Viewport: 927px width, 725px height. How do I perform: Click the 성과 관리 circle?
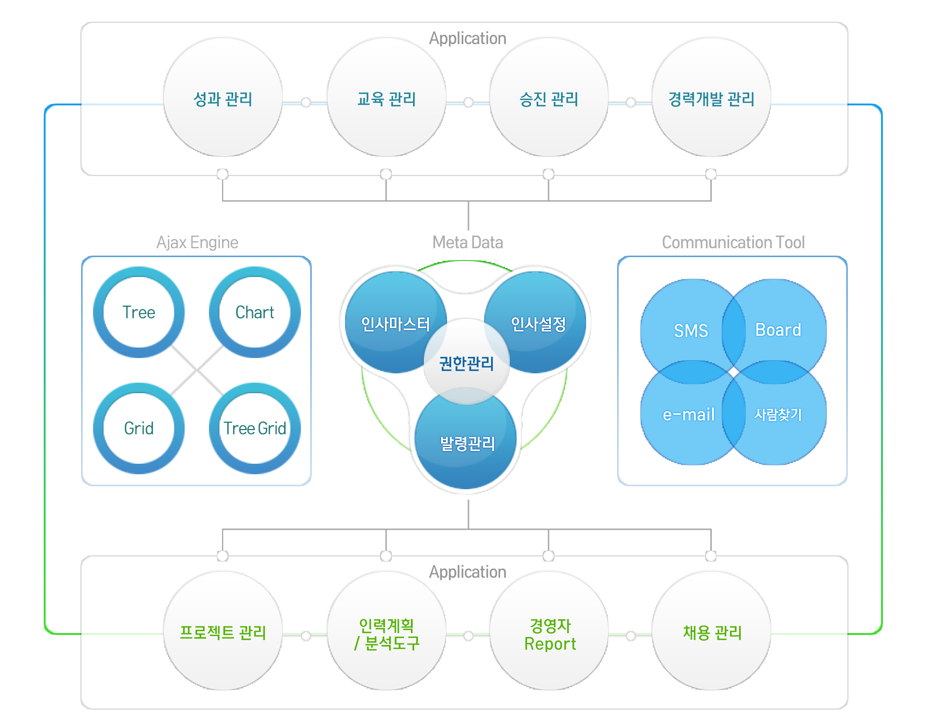223,97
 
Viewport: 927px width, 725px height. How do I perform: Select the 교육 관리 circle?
386,97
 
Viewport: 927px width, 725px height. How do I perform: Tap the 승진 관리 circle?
549,97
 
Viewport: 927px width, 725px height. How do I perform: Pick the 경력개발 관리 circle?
711,97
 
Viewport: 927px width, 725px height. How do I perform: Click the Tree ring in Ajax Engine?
98,312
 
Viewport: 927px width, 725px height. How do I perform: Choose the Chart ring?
214,312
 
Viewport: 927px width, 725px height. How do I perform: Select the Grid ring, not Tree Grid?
98,428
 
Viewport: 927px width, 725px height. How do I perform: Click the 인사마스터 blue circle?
382,297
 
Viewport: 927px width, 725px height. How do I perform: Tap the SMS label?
691,331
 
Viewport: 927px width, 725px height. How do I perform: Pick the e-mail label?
689,415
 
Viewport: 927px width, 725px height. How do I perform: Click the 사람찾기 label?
778,414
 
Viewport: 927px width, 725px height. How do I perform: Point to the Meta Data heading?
468,243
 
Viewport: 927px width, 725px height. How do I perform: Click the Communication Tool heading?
733,243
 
